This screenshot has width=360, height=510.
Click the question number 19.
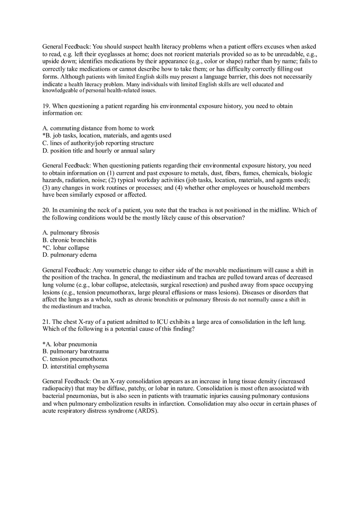(46, 106)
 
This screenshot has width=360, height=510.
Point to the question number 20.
(46, 210)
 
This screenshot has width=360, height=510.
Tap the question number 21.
(46, 322)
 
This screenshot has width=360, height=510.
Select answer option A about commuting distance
(98, 128)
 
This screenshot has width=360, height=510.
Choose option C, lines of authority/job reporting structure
(98, 143)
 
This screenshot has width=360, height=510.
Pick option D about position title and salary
(99, 151)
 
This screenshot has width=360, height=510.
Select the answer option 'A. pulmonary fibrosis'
(71, 233)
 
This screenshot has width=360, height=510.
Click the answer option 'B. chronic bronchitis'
(70, 240)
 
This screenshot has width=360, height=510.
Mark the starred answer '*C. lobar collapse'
(66, 247)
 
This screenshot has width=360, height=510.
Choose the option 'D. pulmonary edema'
(70, 255)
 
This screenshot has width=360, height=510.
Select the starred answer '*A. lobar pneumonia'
(70, 344)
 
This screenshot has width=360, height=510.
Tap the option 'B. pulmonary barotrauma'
(76, 351)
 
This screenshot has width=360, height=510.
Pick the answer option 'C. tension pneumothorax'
(75, 359)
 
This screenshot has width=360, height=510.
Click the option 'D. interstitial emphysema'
(76, 366)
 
